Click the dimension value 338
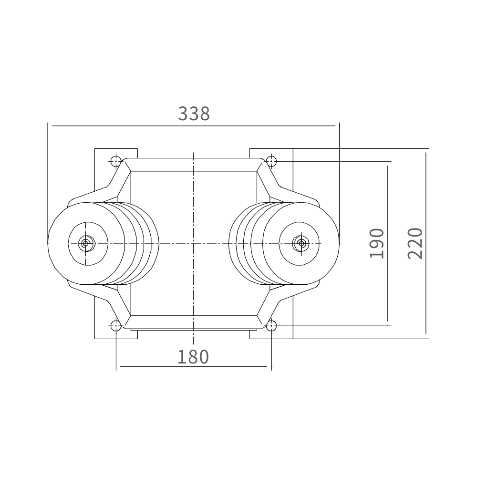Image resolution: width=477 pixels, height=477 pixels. pos(194,114)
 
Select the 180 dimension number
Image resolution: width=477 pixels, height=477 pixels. pos(193,357)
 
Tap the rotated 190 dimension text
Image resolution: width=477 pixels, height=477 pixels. pos(377,243)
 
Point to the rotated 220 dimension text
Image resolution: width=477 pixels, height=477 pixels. pos(415,243)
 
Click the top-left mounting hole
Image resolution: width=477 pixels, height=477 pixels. pos(116,161)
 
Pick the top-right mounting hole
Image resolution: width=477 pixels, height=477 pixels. pos(271,161)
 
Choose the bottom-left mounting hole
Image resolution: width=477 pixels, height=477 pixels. pos(116,326)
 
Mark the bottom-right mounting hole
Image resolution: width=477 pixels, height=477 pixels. pos(271,326)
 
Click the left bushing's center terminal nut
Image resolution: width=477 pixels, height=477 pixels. pos(86,243)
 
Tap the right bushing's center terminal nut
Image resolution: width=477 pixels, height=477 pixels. pos(301,243)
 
